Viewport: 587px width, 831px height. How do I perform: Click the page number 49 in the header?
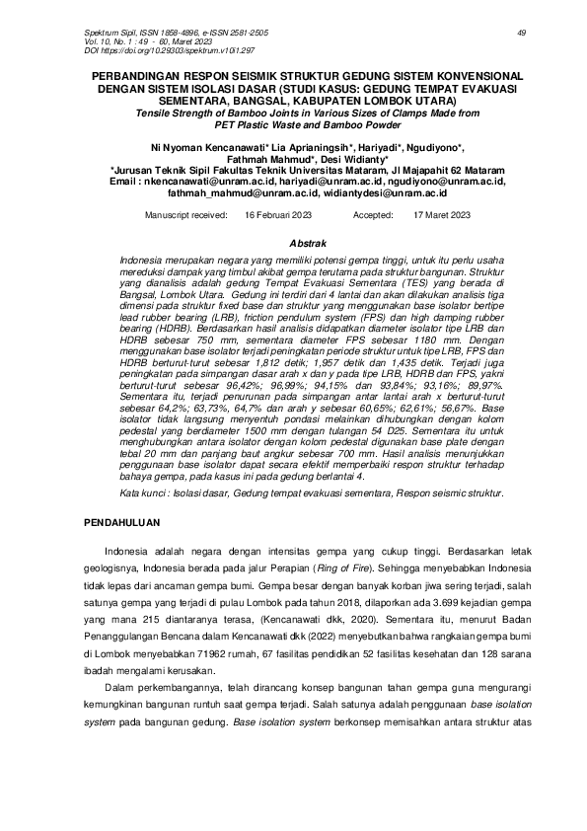pyautogui.click(x=521, y=33)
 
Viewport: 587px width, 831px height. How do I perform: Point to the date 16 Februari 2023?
pyautogui.click(x=279, y=214)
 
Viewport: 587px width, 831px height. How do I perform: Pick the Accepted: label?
pyautogui.click(x=373, y=214)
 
